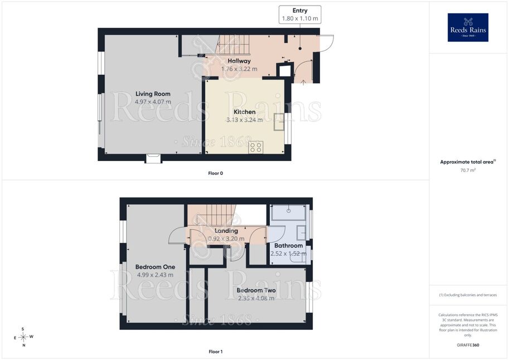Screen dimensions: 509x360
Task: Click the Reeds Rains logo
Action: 468,27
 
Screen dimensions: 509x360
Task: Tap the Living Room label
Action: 153,94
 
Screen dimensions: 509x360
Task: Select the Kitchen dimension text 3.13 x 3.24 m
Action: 244,120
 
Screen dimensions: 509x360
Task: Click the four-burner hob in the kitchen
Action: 256,147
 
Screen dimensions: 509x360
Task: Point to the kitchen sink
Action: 279,121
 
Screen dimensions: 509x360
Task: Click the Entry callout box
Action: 300,14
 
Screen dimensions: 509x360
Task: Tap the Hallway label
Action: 239,61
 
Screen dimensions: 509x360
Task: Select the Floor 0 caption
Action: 216,173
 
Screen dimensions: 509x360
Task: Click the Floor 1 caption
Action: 216,352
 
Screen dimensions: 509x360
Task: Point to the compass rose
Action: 23,337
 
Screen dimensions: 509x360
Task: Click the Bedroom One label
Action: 155,267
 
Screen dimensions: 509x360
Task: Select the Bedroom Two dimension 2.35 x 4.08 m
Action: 256,298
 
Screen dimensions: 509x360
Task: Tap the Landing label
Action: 226,231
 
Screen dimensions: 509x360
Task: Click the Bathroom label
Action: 289,246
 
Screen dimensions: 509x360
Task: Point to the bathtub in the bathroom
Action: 289,213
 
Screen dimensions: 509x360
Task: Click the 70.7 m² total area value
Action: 468,170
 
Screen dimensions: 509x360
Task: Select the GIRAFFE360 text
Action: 468,345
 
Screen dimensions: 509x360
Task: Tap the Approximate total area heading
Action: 468,162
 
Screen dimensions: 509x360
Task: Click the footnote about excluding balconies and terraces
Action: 468,295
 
